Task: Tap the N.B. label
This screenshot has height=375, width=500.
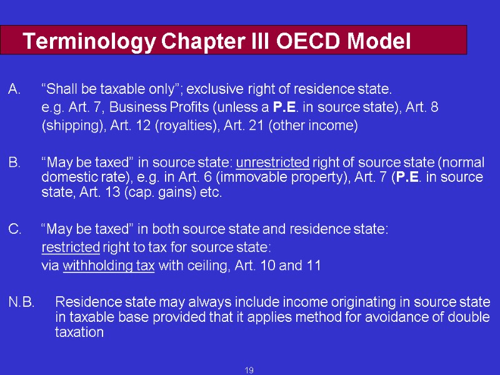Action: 21,303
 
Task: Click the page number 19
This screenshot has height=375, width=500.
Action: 249,371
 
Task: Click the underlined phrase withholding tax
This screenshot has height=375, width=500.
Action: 109,266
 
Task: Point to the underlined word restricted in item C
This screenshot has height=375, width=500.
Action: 71,247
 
